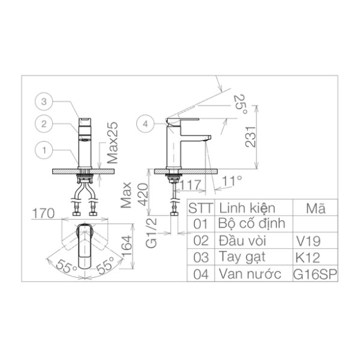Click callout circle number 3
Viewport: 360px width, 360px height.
point(44,101)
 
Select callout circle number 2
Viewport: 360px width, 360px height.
point(44,124)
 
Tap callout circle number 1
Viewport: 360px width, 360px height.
point(44,150)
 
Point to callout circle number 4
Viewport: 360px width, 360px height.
point(145,124)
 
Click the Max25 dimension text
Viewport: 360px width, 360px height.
point(113,142)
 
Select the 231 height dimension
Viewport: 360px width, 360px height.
point(250,137)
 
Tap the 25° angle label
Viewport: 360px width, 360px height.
point(241,104)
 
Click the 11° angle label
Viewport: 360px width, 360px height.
point(232,181)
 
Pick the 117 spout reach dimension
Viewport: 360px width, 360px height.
point(190,185)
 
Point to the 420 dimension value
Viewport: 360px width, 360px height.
point(143,194)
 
